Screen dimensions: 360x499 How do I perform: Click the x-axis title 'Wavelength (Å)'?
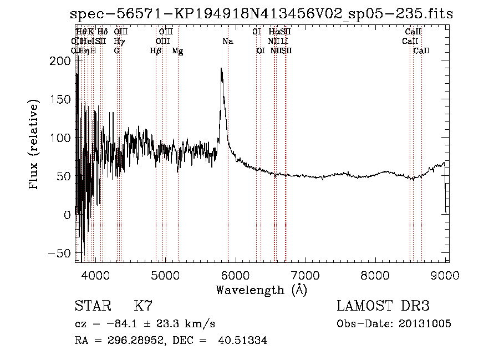pos(261,290)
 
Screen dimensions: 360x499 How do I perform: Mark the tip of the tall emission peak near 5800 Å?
pos(221,69)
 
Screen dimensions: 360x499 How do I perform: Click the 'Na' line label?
pos(228,41)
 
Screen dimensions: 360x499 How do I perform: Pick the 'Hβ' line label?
pos(156,50)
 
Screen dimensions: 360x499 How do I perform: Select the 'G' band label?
pos(116,50)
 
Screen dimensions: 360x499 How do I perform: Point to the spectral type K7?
pos(143,306)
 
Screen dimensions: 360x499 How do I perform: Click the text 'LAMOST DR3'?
pos(383,306)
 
